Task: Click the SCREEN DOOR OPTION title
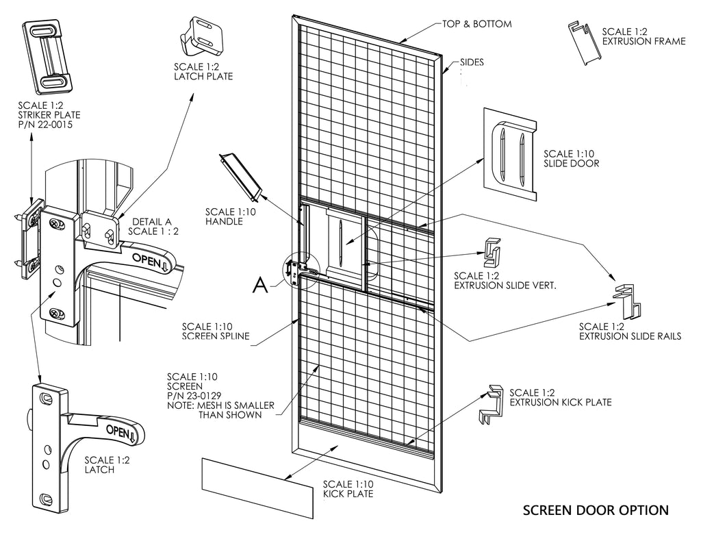595,510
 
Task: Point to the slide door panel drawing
513,148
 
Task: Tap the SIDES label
472,62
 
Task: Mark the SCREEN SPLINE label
216,336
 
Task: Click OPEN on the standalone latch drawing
119,431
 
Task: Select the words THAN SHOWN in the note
229,415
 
